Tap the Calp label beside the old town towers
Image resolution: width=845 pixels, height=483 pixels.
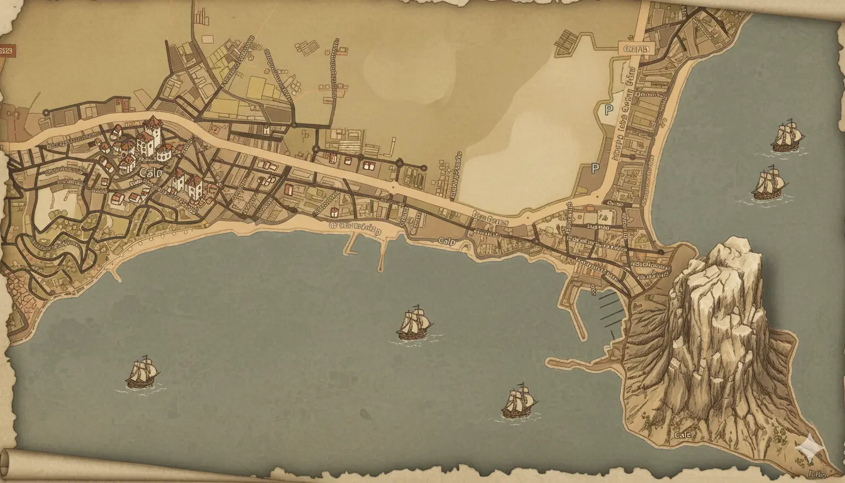point(150,172)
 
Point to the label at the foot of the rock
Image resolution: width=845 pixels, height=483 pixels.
point(682,435)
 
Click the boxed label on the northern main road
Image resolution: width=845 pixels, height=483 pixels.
point(637,48)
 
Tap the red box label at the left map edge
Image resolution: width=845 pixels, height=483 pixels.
point(7,50)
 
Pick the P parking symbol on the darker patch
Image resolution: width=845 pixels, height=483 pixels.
point(595,169)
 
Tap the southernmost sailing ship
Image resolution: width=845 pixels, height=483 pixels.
point(520,402)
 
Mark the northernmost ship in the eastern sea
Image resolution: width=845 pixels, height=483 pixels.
point(788,135)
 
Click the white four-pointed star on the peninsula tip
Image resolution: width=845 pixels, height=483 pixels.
point(807,446)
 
